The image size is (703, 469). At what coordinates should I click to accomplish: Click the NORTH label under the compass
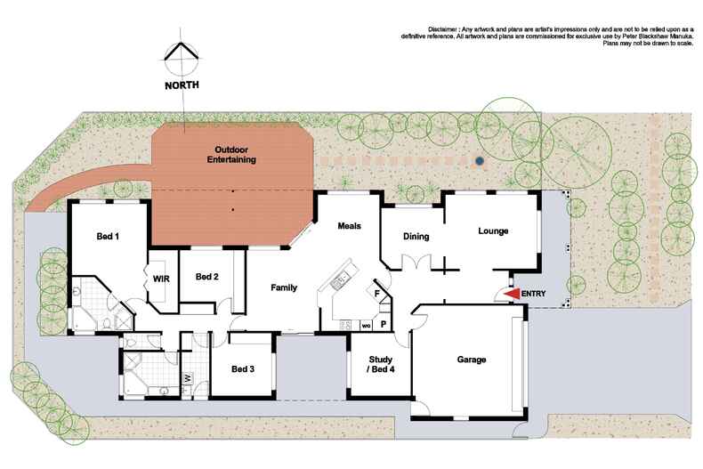[x=182, y=86]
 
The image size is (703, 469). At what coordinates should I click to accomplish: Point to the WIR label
[x=161, y=279]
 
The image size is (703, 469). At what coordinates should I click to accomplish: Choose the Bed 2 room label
[x=207, y=276]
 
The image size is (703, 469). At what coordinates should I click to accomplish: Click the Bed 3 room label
[x=244, y=368]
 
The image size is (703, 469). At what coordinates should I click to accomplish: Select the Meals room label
[x=349, y=226]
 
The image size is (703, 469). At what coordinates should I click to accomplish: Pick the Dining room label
[x=416, y=237]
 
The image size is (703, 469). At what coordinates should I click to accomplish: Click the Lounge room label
[x=492, y=231]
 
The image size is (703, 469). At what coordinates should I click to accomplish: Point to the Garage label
[x=471, y=360]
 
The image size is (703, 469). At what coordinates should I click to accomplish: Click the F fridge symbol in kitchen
[x=377, y=293]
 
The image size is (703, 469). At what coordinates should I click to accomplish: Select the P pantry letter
[x=383, y=325]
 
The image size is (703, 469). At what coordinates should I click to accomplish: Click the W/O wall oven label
[x=366, y=326]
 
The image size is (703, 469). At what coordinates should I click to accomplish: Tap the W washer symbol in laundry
[x=187, y=377]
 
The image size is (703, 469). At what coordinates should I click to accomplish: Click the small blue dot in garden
[x=480, y=161]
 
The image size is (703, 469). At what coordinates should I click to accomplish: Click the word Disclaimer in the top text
[x=447, y=29]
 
